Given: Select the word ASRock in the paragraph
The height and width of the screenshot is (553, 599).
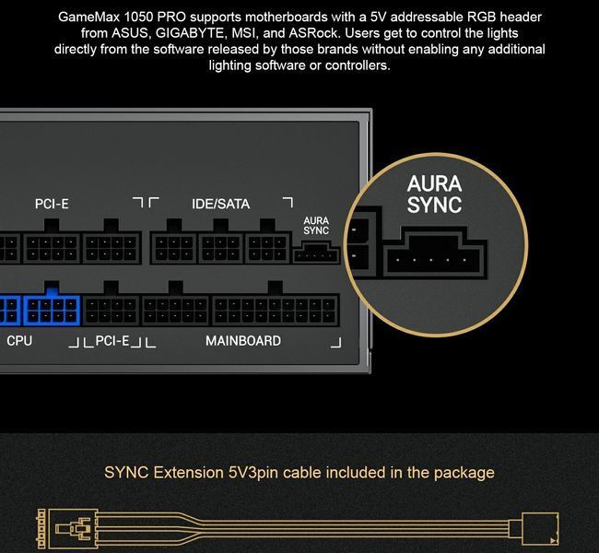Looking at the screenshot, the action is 313,33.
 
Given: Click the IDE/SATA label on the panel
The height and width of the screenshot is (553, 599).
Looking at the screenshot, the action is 221,204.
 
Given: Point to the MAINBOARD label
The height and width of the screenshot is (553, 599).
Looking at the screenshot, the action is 243,340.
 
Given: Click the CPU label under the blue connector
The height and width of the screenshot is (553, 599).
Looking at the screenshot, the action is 19,340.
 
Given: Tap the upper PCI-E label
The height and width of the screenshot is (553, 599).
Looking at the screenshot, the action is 52,204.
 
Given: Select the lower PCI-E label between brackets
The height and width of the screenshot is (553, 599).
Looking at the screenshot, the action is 112,340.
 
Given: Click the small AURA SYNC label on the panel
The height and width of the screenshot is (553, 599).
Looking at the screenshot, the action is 316,226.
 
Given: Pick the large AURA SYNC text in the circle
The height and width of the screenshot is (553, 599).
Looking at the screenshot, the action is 434,194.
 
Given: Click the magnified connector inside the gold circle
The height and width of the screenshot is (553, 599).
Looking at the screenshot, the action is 435,253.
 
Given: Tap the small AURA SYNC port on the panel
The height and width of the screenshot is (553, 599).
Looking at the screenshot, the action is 316,253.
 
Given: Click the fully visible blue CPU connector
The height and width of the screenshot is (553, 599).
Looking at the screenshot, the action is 52,304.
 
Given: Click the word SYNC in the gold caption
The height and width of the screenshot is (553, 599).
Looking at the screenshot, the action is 126,473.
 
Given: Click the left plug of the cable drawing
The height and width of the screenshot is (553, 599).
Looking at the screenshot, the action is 67,529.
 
